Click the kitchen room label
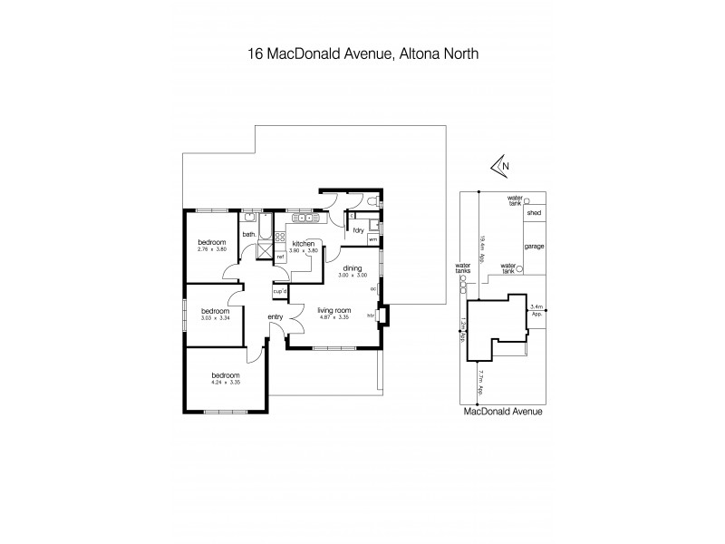pyautogui.click(x=303, y=244)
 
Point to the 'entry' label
pyautogui.click(x=275, y=316)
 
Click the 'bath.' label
pyautogui.click(x=248, y=235)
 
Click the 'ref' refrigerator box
pyautogui.click(x=280, y=257)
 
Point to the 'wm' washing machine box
pyautogui.click(x=372, y=239)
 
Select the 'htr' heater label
pyautogui.click(x=371, y=316)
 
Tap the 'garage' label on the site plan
pyautogui.click(x=534, y=245)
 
